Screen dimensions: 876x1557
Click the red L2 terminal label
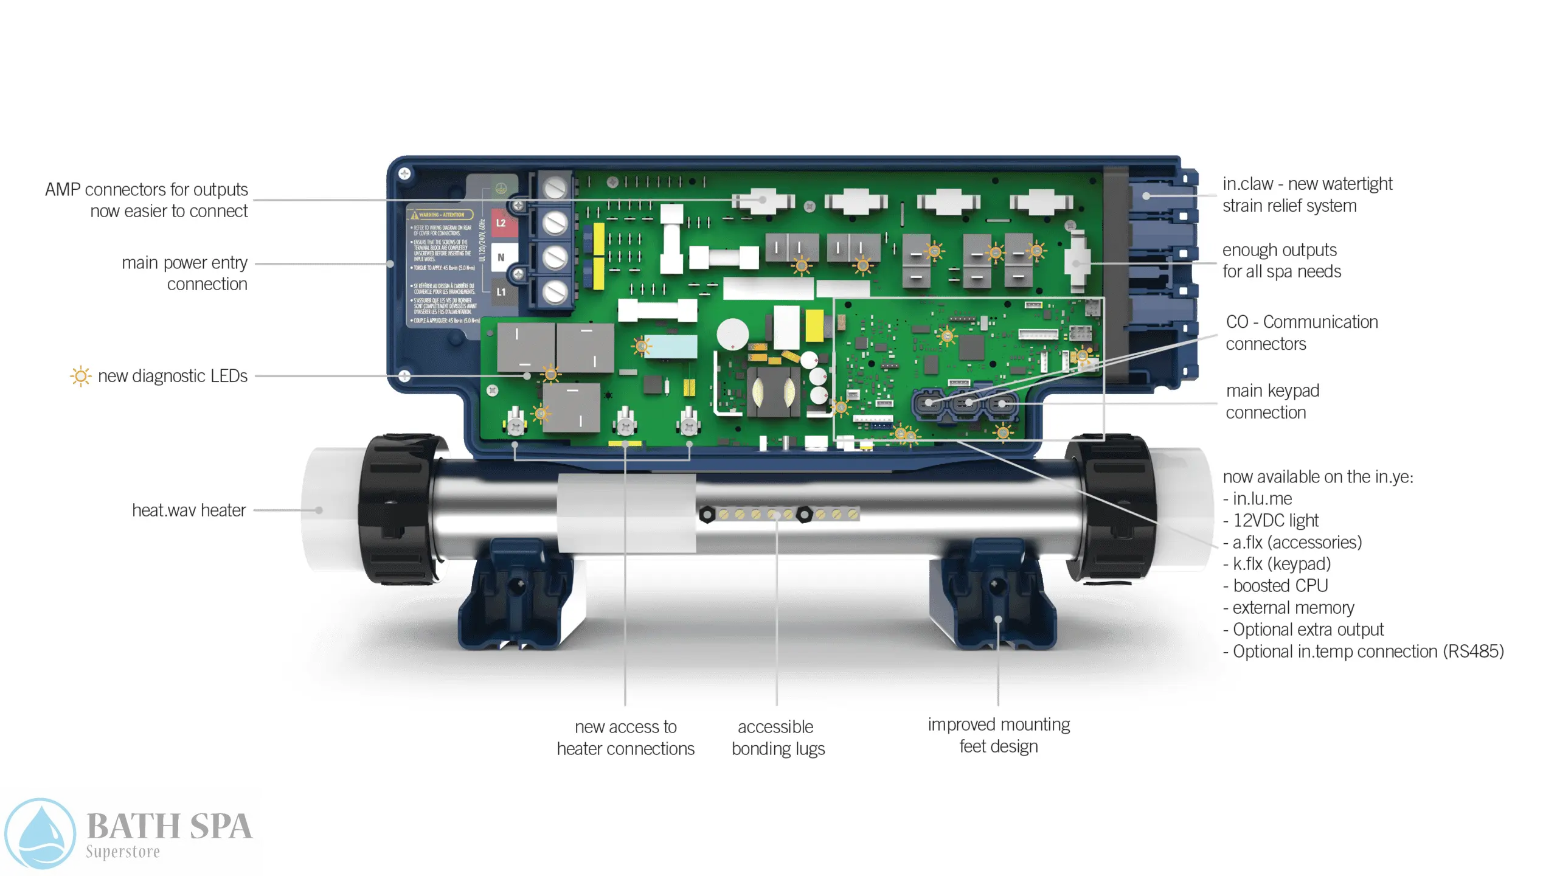(501, 223)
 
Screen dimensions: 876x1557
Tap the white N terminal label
(501, 257)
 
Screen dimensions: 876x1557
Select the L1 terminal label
(501, 292)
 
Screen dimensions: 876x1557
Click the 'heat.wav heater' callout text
(189, 510)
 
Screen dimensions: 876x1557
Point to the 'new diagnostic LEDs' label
(172, 376)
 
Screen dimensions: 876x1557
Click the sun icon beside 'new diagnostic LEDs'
(80, 376)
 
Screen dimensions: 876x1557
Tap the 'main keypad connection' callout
(1272, 401)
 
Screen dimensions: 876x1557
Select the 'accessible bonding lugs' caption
(777, 737)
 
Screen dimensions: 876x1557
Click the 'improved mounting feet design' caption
(999, 735)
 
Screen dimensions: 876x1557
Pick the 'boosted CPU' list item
(1280, 585)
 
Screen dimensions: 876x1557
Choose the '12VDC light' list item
(1275, 520)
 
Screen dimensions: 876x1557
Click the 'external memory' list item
(1292, 607)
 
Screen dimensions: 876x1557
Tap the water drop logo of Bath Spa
(40, 833)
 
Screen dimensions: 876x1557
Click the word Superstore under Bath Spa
(123, 852)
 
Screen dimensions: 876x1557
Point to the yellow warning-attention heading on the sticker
(442, 215)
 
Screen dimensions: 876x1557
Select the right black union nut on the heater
(1110, 508)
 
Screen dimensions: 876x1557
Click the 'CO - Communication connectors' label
(1301, 332)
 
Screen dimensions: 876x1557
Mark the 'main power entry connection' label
(184, 273)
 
